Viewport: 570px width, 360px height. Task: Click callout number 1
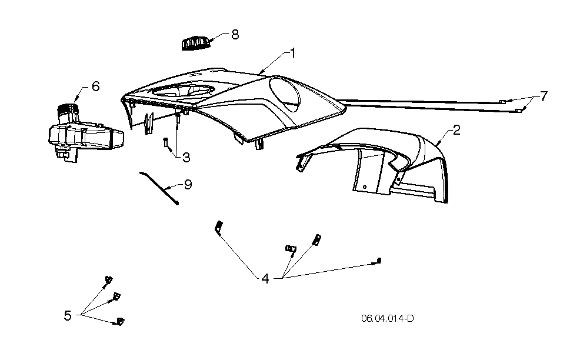click(x=292, y=53)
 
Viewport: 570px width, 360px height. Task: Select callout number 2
click(x=456, y=130)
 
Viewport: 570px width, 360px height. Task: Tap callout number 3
click(x=186, y=158)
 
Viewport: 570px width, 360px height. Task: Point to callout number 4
click(x=265, y=279)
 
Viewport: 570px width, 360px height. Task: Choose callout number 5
click(x=68, y=315)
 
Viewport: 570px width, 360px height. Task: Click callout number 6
click(x=96, y=86)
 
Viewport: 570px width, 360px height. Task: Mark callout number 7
click(x=544, y=96)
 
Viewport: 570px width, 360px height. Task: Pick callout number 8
click(x=235, y=35)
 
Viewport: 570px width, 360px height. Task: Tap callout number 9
click(x=188, y=184)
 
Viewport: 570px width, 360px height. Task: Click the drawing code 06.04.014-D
click(x=388, y=319)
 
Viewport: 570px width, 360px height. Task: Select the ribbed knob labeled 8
click(x=196, y=43)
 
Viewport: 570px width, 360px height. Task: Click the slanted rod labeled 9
click(x=159, y=188)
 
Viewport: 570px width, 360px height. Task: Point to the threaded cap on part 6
click(x=68, y=109)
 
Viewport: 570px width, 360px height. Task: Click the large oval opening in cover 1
click(x=285, y=94)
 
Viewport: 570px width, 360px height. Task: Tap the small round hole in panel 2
click(x=365, y=187)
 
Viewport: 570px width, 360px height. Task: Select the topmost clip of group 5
click(x=108, y=279)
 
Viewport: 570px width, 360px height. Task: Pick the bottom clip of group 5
click(x=120, y=321)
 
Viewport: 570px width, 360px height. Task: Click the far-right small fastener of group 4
click(x=379, y=261)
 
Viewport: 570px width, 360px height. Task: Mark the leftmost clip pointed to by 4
click(x=219, y=228)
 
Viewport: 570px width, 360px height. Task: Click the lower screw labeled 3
click(x=166, y=142)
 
